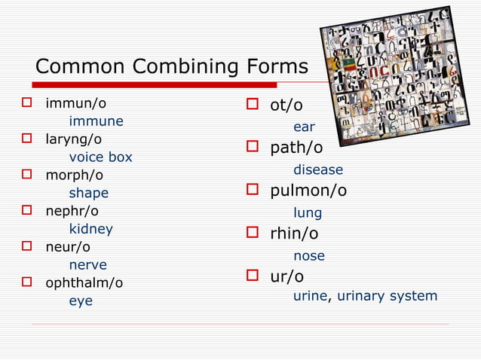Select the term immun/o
[x=75, y=102]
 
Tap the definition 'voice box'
[x=100, y=157]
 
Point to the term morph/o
[x=74, y=175]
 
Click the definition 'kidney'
[x=90, y=229]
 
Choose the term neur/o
[x=68, y=247]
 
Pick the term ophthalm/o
[x=84, y=283]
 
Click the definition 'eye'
[x=81, y=301]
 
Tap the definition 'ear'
[x=304, y=127]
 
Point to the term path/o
[x=296, y=148]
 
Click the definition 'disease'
[x=318, y=170]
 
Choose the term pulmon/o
[x=308, y=191]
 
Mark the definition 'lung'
[x=308, y=213]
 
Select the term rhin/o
[x=294, y=233]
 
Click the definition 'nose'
[x=309, y=256]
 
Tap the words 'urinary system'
[x=387, y=296]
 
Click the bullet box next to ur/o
[x=253, y=276]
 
